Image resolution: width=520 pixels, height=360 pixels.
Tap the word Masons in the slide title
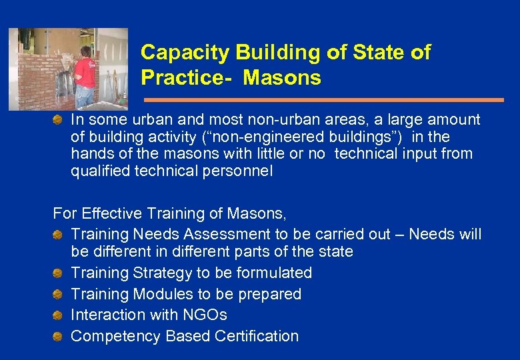282,78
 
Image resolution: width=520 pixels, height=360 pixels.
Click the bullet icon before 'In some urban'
59,120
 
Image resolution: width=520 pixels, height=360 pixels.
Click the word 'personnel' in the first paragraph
239,171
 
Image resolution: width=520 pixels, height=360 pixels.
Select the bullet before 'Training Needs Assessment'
59,234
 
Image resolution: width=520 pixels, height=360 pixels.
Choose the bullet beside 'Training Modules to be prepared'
59,294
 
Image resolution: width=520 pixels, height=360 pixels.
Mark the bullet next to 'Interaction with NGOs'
59,315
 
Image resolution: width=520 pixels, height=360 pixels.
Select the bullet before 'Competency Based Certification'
59,336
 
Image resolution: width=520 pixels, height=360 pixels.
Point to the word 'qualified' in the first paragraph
99,171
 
